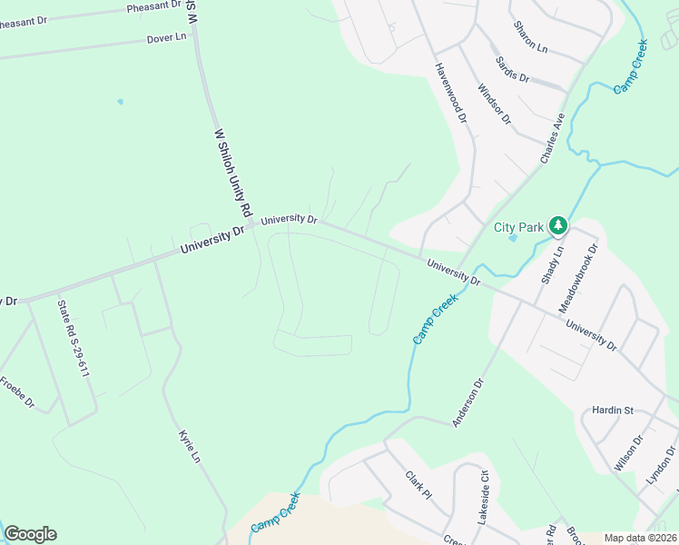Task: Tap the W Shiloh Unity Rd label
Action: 231,172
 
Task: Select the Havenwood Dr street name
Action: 449,94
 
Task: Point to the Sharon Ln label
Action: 530,37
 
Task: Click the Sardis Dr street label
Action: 512,69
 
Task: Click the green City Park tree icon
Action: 558,223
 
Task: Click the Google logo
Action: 30,534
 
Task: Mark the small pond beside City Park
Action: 513,239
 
